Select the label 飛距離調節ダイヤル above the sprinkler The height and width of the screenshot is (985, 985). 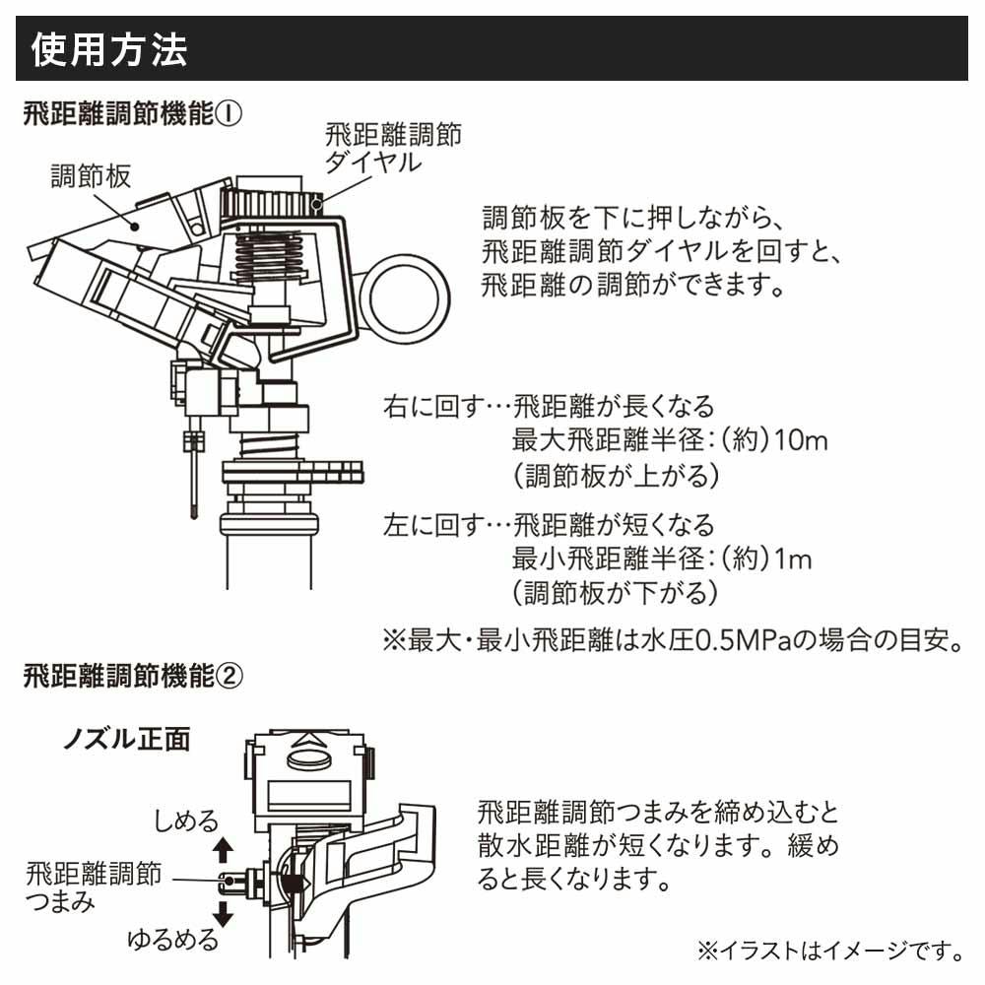[392, 148]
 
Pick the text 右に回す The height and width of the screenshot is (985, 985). [427, 406]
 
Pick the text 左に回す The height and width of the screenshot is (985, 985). [427, 524]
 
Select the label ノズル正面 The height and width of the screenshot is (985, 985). [127, 739]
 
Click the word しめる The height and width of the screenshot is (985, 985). [185, 821]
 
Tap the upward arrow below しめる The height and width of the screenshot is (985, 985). [223, 848]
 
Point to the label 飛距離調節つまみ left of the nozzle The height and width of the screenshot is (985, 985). [94, 886]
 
